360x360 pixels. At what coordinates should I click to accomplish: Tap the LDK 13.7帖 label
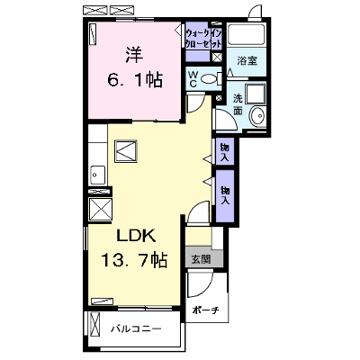coord(134,247)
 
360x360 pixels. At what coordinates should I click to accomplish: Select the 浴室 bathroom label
coord(247,61)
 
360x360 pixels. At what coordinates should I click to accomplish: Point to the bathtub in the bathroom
coord(246,34)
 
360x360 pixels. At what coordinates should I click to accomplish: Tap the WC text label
coord(193,79)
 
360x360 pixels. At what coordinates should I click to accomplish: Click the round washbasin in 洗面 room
coord(257,115)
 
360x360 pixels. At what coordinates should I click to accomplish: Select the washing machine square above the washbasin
coord(256,94)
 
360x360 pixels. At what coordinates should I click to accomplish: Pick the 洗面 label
coord(238,104)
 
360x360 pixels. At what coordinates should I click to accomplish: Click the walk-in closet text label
coord(204,39)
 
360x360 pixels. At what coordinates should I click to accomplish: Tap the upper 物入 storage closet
coord(225,151)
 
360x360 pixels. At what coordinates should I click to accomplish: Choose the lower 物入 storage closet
coord(225,195)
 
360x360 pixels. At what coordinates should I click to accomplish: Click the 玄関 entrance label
coord(201,258)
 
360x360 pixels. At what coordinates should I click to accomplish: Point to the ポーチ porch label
coord(206,310)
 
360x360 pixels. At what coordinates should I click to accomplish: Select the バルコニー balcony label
coord(136,329)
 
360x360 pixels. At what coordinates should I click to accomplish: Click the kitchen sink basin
coord(97,175)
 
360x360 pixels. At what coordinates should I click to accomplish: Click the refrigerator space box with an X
coord(100,210)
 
